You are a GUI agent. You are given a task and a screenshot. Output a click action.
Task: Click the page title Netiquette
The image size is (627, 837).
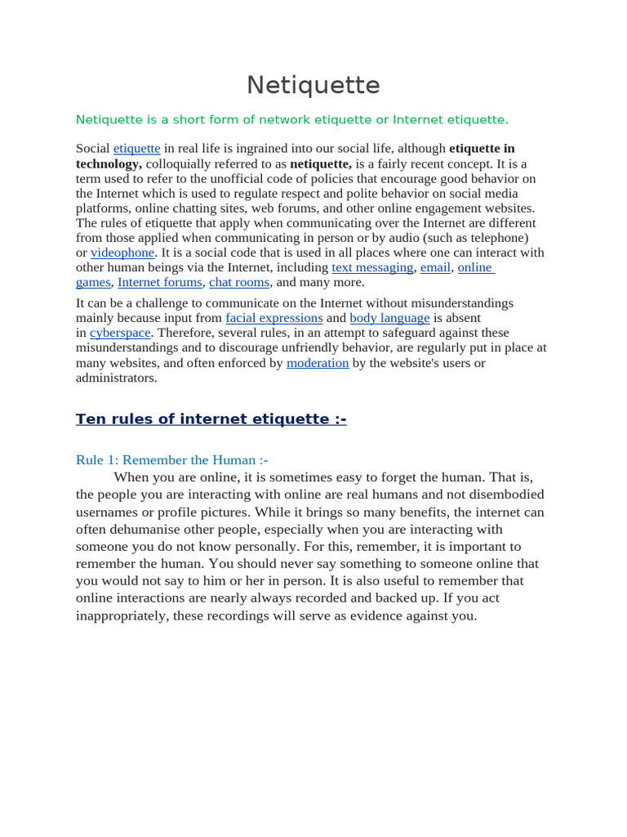point(313,85)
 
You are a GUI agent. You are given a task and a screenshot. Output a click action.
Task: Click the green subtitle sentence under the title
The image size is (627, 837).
point(291,120)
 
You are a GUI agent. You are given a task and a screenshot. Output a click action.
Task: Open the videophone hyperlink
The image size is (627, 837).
point(122,253)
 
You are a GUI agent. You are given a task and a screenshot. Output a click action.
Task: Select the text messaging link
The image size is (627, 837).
point(372,267)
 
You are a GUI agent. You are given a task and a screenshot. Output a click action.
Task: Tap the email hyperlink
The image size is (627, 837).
point(435,267)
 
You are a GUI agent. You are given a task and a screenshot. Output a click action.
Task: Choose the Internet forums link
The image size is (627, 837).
point(160,282)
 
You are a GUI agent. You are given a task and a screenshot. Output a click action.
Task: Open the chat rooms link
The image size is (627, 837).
point(239,282)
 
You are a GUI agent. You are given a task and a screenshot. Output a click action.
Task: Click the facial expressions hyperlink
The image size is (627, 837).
point(274,318)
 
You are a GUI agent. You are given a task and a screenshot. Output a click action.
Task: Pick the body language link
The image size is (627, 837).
point(389,318)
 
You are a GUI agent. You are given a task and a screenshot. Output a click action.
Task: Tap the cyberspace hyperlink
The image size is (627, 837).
point(120,333)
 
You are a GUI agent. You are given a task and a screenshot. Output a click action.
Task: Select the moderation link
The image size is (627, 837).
point(318,363)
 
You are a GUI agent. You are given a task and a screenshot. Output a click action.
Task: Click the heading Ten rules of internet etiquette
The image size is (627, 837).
point(211,419)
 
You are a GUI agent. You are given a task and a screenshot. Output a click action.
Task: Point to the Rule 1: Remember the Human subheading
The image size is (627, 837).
point(171,460)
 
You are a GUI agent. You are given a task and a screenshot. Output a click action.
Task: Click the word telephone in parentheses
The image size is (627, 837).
point(500,238)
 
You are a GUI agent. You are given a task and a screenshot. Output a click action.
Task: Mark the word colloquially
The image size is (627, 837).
point(182,163)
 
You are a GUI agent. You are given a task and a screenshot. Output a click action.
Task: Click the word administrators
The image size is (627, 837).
point(116,378)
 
